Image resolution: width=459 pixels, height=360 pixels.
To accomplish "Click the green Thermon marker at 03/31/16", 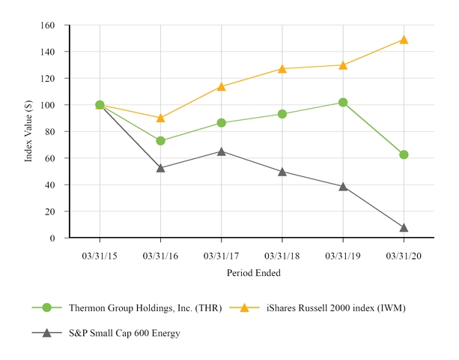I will coord(160,141).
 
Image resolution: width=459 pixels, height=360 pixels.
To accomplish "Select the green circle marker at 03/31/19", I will coord(343,102).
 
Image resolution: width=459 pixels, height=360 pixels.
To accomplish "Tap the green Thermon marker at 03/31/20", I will coord(404,154).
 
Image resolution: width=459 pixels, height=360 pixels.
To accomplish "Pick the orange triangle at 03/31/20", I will coord(404,40).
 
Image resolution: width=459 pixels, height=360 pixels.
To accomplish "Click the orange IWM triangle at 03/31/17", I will coord(221,87).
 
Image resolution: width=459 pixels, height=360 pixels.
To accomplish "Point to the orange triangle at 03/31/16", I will coord(160,118).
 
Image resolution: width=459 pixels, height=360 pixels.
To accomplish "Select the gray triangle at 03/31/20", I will coord(404,228).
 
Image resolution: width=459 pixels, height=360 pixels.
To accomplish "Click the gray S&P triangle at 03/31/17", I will coord(221,151).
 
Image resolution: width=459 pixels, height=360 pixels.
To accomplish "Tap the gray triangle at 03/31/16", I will coord(160,168).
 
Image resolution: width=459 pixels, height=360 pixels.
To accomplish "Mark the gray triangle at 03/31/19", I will coord(343,187).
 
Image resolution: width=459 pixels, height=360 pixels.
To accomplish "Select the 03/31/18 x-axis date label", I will coord(282,256).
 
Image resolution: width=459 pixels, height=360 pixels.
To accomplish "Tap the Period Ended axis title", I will coord(253,274).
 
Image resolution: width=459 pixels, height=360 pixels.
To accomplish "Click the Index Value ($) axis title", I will coord(28,132).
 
